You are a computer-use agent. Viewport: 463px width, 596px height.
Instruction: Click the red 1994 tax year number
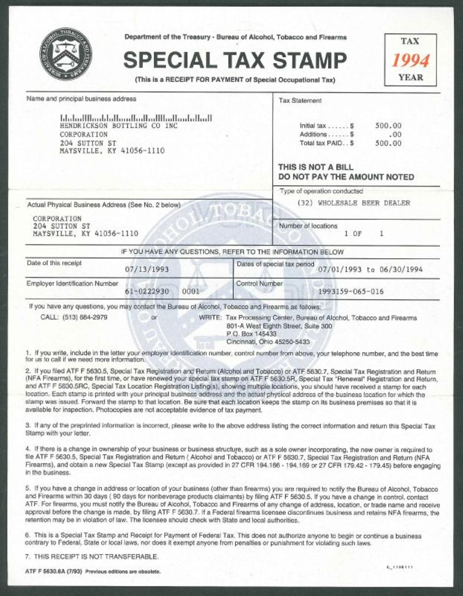(x=410, y=61)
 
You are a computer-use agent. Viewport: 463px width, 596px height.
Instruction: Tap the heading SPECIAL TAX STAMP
(x=235, y=61)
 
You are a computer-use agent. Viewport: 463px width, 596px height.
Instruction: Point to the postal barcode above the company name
(x=136, y=118)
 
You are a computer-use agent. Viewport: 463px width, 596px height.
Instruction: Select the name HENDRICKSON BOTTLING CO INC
(x=119, y=126)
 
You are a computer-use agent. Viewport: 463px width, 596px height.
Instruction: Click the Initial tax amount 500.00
(x=388, y=126)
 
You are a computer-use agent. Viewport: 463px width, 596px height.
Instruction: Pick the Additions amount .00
(x=396, y=135)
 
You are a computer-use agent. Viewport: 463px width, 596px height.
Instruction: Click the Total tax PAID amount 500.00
(x=388, y=144)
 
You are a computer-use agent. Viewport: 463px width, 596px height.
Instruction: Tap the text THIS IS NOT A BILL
(x=316, y=167)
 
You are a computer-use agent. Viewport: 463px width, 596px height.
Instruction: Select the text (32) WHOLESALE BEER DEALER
(x=353, y=203)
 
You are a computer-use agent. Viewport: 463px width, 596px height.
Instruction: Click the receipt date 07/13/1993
(x=147, y=270)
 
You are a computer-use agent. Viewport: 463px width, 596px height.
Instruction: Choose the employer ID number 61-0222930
(x=147, y=292)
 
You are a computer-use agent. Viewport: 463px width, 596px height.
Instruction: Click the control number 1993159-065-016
(x=350, y=292)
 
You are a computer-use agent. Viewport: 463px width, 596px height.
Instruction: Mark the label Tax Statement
(x=300, y=101)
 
